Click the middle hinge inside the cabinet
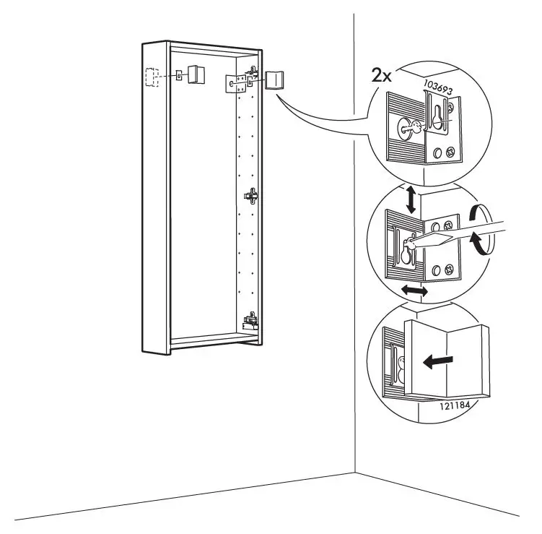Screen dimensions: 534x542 [252, 195]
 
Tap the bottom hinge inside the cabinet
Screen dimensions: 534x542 [251, 318]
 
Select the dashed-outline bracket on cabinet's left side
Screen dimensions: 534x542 [152, 77]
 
